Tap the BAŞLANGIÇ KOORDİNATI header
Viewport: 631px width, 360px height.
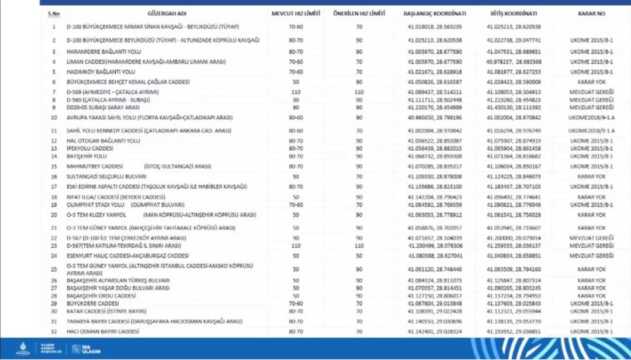(427, 13)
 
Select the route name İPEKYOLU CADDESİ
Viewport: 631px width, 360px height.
(87, 148)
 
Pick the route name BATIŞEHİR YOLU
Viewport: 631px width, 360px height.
(87, 157)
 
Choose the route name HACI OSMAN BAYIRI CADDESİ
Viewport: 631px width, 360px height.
(103, 331)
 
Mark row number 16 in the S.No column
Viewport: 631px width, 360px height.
(53, 176)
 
